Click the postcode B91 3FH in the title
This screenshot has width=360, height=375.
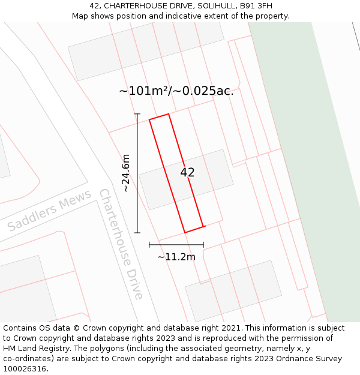coord(255,6)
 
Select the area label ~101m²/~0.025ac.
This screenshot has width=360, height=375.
coord(176,91)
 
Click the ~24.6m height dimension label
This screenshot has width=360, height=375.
coord(126,173)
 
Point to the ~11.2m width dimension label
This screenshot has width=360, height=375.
coord(176,257)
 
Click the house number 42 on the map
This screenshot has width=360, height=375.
coord(187,172)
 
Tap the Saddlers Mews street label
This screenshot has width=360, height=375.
coord(49,211)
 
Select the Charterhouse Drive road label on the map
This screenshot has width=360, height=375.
coord(121,244)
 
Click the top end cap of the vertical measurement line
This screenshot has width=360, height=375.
coord(137,114)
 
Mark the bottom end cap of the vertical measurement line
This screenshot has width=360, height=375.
coord(137,232)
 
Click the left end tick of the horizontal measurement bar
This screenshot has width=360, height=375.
coord(149,245)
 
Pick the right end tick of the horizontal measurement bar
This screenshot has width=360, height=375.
coord(203,245)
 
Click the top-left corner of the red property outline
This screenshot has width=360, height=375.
coord(149,119)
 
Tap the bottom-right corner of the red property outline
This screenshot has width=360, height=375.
coord(203,226)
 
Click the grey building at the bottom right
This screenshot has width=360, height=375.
coord(233,290)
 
